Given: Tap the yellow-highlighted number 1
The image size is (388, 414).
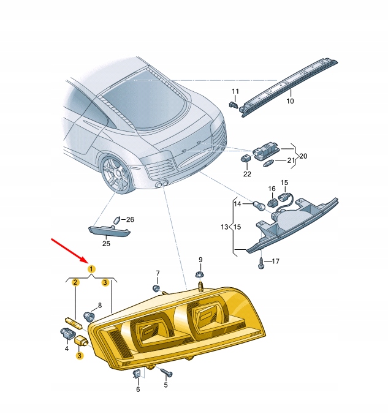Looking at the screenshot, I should tap(91, 269).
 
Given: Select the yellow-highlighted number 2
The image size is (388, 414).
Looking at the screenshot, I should tap(75, 282).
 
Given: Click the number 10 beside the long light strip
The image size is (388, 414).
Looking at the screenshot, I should tap(290, 101).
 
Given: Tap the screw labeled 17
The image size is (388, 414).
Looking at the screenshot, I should tap(262, 262).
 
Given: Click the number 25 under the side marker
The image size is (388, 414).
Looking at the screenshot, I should tap(105, 244).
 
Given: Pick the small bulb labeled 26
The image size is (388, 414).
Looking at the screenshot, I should tap(117, 220).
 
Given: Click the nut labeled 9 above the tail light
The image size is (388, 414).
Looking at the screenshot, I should tap(199, 274).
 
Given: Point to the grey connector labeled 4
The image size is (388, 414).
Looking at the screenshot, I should tap(66, 333).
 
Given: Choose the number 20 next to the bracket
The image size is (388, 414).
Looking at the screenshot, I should tap(303, 156).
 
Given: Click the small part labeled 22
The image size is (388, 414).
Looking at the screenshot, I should tap(245, 159).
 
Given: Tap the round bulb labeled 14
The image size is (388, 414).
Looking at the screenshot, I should tap(260, 206).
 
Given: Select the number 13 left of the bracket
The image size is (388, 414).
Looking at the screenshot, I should tap(225, 228).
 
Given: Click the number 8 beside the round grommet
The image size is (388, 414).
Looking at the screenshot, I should tap(100, 305).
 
